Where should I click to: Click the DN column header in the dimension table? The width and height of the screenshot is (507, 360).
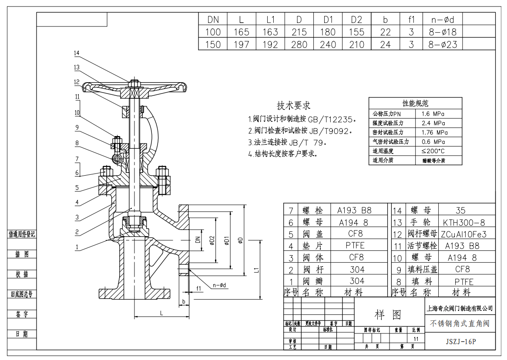(x=213, y=19)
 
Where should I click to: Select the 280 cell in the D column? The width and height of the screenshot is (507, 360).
(x=299, y=44)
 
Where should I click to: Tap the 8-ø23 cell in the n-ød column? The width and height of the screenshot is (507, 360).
(x=442, y=44)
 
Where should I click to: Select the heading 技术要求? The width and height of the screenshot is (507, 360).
(x=294, y=105)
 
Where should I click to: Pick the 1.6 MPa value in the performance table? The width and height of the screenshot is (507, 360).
(x=433, y=113)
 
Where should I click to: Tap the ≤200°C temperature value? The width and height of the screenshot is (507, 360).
(x=433, y=151)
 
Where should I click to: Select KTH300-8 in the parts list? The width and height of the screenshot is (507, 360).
(x=463, y=222)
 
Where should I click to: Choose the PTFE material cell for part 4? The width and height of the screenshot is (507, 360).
(x=355, y=246)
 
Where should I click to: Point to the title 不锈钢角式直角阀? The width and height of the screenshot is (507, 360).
(x=460, y=323)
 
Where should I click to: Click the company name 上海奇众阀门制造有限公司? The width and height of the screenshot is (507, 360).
(x=460, y=308)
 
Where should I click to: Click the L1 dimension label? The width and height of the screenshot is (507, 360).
(x=256, y=270)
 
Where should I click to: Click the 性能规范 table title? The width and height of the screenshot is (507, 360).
(x=415, y=103)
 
